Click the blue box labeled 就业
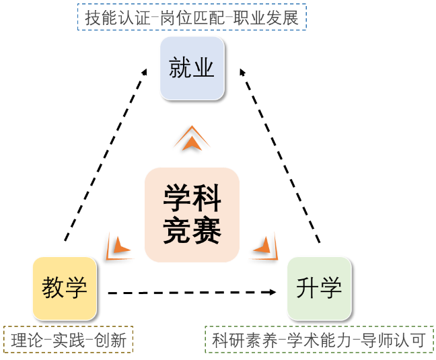coord(192,68)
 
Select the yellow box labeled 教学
coord(65,288)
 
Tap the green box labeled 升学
coord(319,288)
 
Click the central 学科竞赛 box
coord(192,215)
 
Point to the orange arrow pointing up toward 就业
coord(192,139)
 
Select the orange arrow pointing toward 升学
coord(264,246)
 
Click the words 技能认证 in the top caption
coord(111,17)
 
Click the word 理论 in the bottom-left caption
coord(25,340)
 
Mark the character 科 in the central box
coord(207,199)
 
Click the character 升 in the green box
coord(307,288)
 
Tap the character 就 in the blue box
coord(180,68)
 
